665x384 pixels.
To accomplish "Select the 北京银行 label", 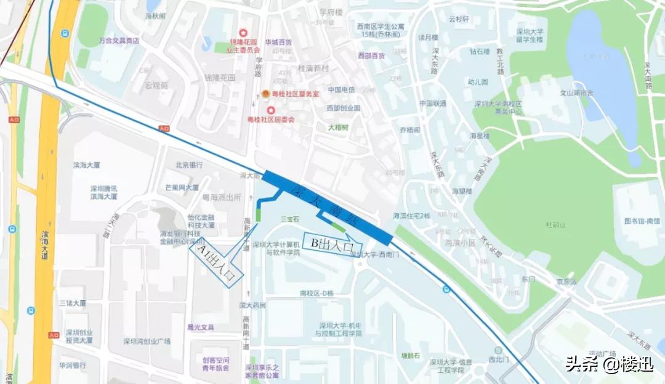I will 189,165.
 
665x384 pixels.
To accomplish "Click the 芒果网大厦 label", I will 182,187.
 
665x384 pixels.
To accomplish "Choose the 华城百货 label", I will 278,42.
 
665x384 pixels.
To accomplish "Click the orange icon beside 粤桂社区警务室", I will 265,94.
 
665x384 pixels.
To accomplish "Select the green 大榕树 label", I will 338,128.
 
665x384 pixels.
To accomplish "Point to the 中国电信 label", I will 341,89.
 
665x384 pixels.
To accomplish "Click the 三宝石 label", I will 289,219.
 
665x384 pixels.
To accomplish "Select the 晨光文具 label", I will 200,327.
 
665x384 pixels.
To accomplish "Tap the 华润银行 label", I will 73,365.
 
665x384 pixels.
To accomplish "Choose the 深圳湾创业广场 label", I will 147,341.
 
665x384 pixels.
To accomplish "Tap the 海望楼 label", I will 462,191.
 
